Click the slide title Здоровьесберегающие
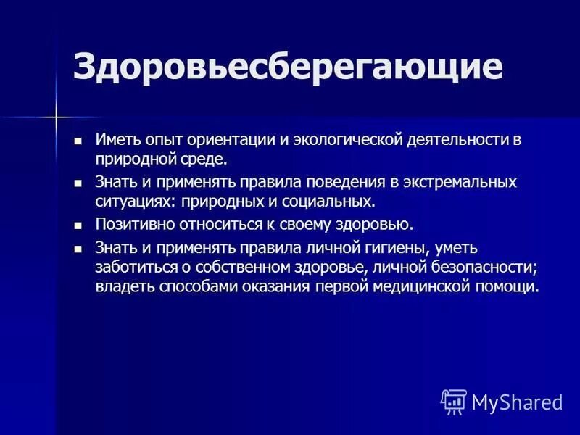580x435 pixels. [287, 67]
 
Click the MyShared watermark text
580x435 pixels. [518, 402]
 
